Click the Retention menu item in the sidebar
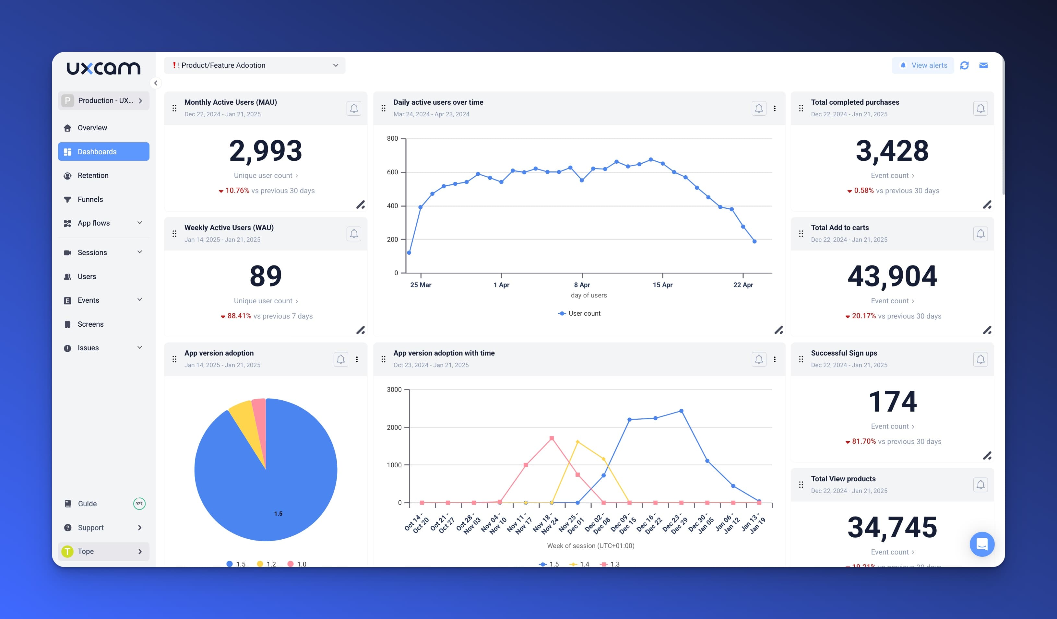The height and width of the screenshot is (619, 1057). (x=93, y=175)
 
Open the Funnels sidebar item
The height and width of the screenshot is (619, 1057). (x=90, y=199)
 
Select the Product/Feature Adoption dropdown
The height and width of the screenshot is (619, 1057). (x=255, y=65)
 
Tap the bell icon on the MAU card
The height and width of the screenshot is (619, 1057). (x=354, y=108)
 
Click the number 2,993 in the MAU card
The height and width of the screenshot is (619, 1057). (x=266, y=151)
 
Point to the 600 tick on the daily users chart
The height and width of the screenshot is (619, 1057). (x=393, y=172)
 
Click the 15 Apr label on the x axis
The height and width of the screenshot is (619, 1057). (x=662, y=285)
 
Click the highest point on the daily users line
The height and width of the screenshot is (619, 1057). (x=650, y=159)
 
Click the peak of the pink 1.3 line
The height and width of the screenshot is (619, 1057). (x=552, y=438)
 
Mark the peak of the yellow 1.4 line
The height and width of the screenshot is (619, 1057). (x=577, y=442)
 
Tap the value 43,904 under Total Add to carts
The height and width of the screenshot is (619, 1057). (x=892, y=276)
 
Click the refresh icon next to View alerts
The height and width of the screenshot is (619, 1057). (x=964, y=65)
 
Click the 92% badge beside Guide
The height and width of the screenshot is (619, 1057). (x=139, y=504)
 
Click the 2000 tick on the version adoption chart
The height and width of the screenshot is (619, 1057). (x=394, y=427)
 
